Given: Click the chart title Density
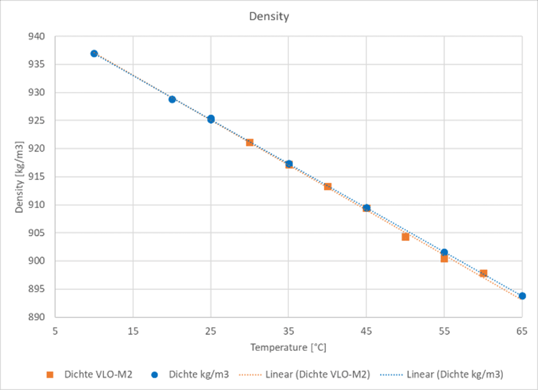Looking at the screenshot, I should tap(269, 17).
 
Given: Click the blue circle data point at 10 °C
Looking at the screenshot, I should tap(94, 54).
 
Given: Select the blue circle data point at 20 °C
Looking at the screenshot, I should tap(172, 99).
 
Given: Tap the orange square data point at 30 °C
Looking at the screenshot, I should tap(250, 142).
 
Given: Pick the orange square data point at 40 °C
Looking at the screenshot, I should tap(328, 186).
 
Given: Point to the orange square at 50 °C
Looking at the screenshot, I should tap(405, 237).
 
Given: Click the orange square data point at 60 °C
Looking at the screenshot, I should tap(483, 273).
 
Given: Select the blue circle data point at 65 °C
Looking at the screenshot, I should tap(522, 296).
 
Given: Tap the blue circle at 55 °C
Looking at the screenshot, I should tap(444, 252).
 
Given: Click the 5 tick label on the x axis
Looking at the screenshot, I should tap(55, 331).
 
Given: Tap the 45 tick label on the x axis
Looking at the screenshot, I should tap(366, 331).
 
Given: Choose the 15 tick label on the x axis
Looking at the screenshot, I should tap(133, 331).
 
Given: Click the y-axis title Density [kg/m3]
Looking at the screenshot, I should tap(19, 177).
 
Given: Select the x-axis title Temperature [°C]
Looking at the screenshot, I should tap(288, 347).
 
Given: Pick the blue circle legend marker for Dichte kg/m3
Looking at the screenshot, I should tap(155, 375).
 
